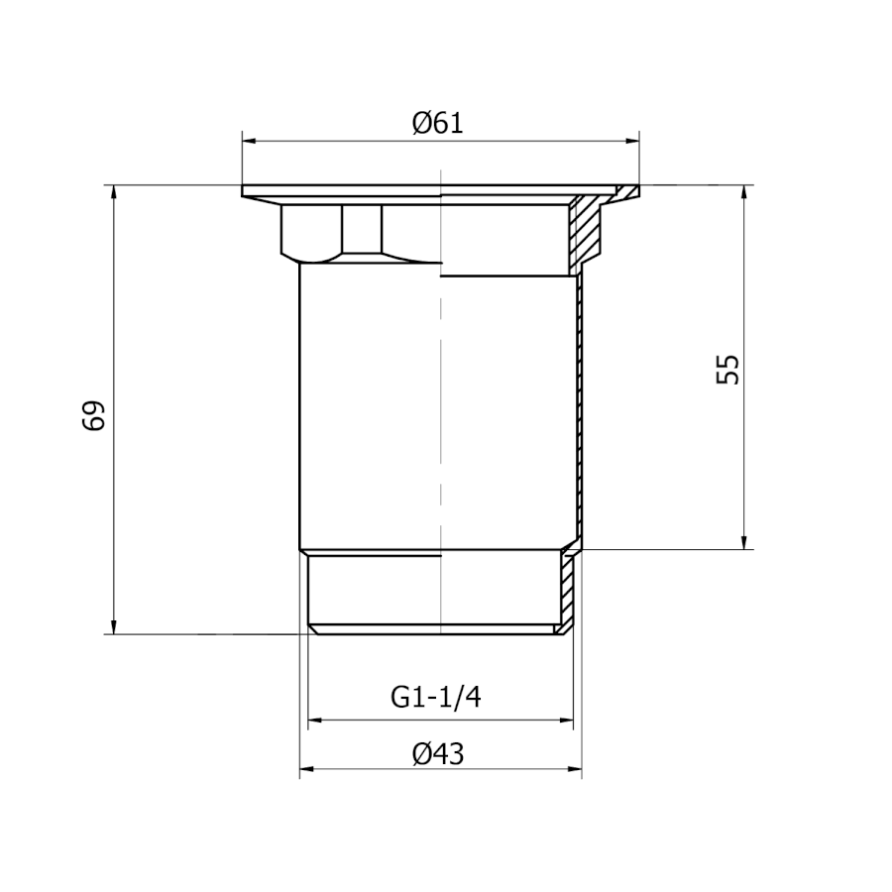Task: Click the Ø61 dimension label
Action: tap(437, 124)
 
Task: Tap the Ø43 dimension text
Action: tap(438, 754)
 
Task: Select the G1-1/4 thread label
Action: tap(436, 697)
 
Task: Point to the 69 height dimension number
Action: tap(94, 416)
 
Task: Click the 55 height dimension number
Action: tap(727, 370)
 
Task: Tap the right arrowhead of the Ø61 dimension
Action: tap(632, 141)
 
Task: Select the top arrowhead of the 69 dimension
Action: tap(114, 192)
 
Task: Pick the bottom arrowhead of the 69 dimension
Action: tap(114, 627)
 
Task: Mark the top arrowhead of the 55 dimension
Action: tap(744, 192)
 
